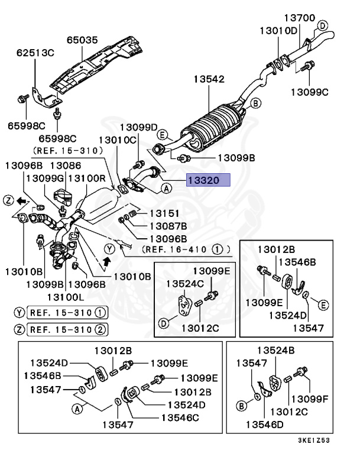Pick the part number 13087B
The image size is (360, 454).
[x=168, y=226]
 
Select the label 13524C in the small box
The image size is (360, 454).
[x=184, y=284]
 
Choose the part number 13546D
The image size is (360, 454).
[x=264, y=424]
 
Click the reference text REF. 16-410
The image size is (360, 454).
[x=177, y=249]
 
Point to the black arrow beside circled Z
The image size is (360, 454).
[x=22, y=202]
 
